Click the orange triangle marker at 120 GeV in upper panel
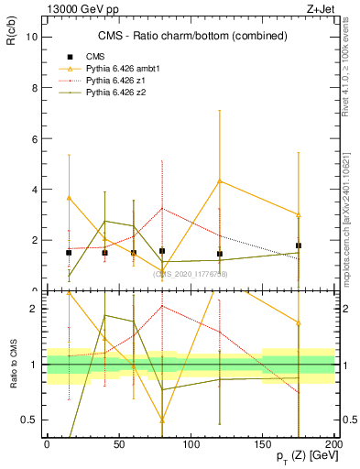click(219, 180)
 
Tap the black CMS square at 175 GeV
click(299, 245)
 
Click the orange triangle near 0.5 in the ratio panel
click(162, 420)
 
